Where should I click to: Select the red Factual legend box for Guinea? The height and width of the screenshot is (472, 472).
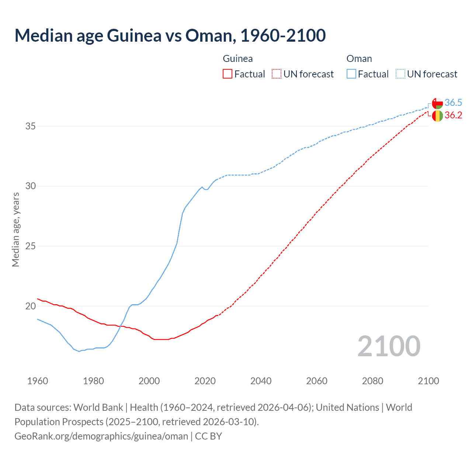[228, 74]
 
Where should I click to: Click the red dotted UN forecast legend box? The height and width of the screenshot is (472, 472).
[277, 74]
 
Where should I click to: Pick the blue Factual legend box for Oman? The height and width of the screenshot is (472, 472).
[351, 74]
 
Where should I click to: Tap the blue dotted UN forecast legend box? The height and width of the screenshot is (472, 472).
[400, 74]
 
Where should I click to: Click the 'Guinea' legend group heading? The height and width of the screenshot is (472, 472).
[238, 59]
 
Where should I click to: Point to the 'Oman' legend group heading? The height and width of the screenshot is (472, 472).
[359, 59]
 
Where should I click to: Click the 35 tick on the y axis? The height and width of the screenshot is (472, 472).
[31, 126]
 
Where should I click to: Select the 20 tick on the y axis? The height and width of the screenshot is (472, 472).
[31, 306]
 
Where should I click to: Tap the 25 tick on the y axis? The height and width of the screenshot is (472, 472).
[31, 246]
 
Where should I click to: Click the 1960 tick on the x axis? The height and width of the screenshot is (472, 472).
[38, 381]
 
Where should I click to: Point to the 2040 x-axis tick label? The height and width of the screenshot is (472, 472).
[261, 381]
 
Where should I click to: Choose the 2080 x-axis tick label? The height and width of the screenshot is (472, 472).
[372, 381]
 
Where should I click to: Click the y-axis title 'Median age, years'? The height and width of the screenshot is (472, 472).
[15, 229]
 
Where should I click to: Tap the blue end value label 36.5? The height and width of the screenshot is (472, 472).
[453, 103]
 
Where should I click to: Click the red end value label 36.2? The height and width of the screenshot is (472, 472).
[453, 115]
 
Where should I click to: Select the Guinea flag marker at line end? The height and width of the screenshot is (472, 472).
[437, 116]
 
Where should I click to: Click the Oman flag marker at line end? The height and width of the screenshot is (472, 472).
[437, 103]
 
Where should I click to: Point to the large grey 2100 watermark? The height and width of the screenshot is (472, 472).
[389, 346]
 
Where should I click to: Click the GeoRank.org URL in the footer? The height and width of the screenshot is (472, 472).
[101, 436]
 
